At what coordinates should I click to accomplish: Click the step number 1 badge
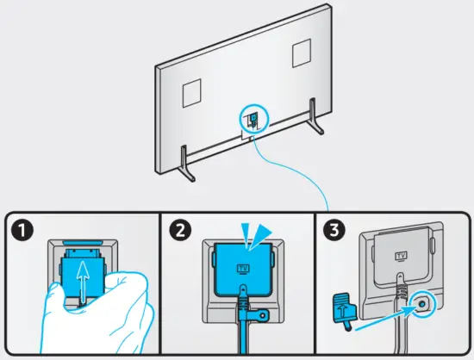point(22,231)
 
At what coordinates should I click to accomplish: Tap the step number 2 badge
point(180,231)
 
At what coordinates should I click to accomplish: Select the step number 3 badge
point(334,231)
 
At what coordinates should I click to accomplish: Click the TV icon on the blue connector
point(243,269)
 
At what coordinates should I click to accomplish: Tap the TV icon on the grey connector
point(401,256)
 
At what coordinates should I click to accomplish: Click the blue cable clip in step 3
point(345,309)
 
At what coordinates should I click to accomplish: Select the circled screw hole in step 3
point(421,304)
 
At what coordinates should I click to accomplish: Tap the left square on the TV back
point(191,93)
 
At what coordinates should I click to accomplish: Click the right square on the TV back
point(302,53)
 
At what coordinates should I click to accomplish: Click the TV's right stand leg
point(315,116)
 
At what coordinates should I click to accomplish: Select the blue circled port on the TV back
point(253,119)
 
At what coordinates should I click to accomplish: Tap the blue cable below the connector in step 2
point(244,335)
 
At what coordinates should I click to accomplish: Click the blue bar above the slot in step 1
point(82,243)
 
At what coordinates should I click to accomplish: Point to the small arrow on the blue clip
point(341,308)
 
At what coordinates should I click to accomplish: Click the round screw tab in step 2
point(262,315)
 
